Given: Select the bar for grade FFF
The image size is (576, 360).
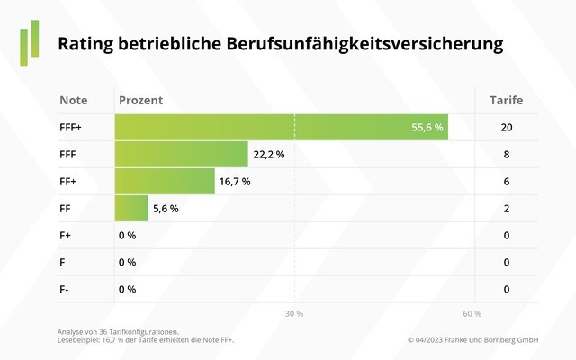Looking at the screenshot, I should point(181,155).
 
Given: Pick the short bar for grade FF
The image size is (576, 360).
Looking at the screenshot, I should point(131,209).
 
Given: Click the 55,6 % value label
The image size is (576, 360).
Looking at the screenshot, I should point(427,128).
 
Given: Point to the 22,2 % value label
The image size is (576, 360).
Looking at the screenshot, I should point(269,155).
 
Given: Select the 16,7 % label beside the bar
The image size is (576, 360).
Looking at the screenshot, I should point(235,182).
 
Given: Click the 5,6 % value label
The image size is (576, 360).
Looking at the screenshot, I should point(166,209).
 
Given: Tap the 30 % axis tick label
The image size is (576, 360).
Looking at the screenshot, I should point(294,314).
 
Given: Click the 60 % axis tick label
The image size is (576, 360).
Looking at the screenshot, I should point(472,314).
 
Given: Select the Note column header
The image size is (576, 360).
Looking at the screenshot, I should point(74,100).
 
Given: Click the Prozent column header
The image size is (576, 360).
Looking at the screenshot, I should point(141,100).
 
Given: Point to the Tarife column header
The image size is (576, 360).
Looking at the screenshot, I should point(507,100).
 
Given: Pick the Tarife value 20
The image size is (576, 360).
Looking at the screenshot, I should point(507,128).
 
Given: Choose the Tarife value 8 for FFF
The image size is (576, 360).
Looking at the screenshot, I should point(507,155).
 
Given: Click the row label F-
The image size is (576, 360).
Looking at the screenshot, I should point(65,290).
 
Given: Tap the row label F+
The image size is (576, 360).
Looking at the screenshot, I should point(66,236).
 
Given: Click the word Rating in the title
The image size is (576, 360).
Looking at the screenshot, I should point(86,43).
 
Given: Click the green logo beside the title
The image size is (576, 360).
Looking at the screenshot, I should point(30,40).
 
